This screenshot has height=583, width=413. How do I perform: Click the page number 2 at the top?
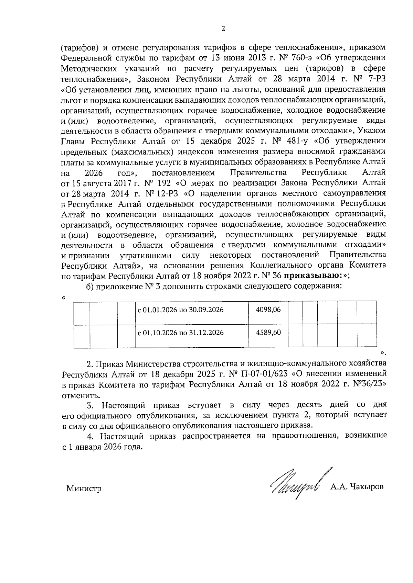click(223, 29)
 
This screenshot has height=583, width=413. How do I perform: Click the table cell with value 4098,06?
click(268, 310)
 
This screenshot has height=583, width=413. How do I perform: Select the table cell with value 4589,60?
click(268, 333)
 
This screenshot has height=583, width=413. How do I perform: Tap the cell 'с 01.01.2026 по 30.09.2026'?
click(181, 310)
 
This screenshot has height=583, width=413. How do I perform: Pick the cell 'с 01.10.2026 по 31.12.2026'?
click(181, 333)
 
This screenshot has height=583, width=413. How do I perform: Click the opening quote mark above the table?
click(64, 298)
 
